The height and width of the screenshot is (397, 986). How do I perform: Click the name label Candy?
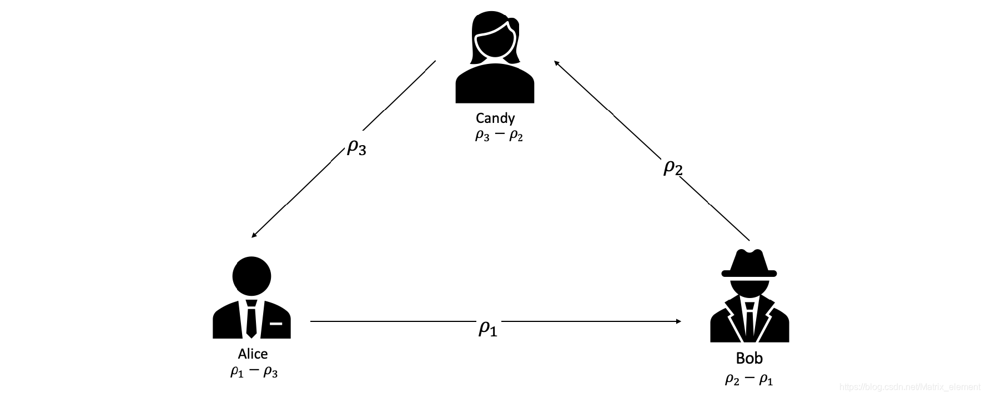coord(495,118)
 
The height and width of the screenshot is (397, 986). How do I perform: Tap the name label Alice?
coord(253,354)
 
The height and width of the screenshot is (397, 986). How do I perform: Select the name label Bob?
coord(749,359)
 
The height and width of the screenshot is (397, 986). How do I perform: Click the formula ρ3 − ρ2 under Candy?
coord(499,136)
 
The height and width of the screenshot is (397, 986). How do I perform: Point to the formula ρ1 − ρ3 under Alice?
coord(254,372)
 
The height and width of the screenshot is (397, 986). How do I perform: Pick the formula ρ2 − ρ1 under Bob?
coord(749,379)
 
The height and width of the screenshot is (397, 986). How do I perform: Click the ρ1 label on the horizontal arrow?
coord(487,328)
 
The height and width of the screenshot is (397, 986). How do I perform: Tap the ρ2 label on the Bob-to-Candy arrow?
coord(672,167)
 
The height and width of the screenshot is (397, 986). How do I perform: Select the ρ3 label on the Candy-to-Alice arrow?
coord(356,147)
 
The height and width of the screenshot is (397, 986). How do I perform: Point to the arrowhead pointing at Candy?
coord(556,63)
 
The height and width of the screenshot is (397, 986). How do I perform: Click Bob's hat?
coord(749,264)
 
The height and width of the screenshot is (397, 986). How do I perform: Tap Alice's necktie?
coord(251,319)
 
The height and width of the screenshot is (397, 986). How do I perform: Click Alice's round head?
coord(252,276)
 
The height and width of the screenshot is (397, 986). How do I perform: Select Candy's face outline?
coord(494,42)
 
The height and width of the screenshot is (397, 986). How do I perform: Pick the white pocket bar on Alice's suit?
coord(276,323)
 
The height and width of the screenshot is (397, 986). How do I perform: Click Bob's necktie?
coord(750,322)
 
